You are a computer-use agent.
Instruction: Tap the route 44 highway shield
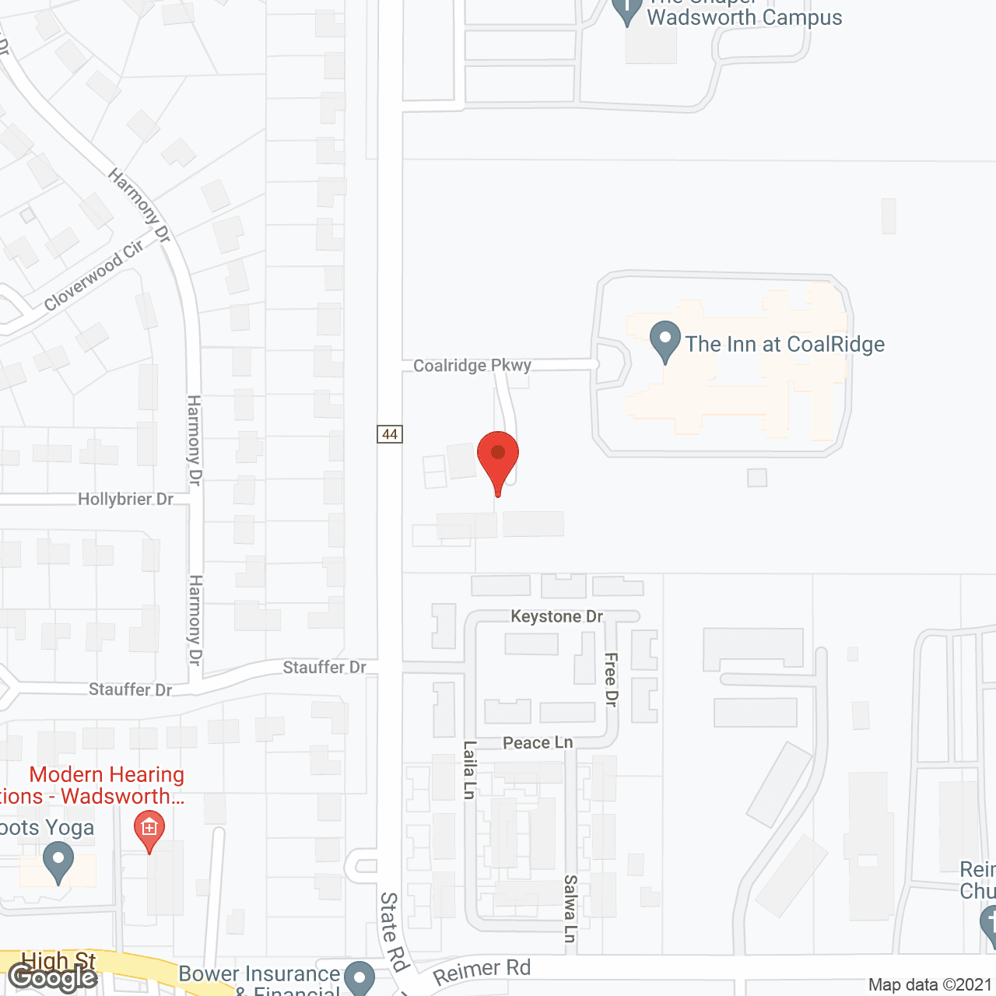390,434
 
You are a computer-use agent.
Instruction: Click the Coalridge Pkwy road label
472,366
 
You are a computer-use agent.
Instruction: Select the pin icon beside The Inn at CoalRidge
665,341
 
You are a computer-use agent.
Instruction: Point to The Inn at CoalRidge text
784,344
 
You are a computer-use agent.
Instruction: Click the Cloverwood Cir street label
94,275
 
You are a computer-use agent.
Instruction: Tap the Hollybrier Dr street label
125,499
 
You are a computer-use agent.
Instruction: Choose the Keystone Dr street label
556,616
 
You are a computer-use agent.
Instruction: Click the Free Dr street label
611,679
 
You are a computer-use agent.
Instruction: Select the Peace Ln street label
538,743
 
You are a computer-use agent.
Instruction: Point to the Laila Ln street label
469,770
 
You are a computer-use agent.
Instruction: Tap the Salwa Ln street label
570,909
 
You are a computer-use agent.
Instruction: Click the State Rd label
394,932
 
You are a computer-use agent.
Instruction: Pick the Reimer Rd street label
482,971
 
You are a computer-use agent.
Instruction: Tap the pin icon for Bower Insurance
359,977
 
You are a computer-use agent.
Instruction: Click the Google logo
53,977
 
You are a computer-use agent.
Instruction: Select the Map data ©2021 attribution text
931,985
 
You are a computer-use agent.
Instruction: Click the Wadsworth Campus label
744,18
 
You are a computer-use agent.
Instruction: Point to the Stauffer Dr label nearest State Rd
324,668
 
